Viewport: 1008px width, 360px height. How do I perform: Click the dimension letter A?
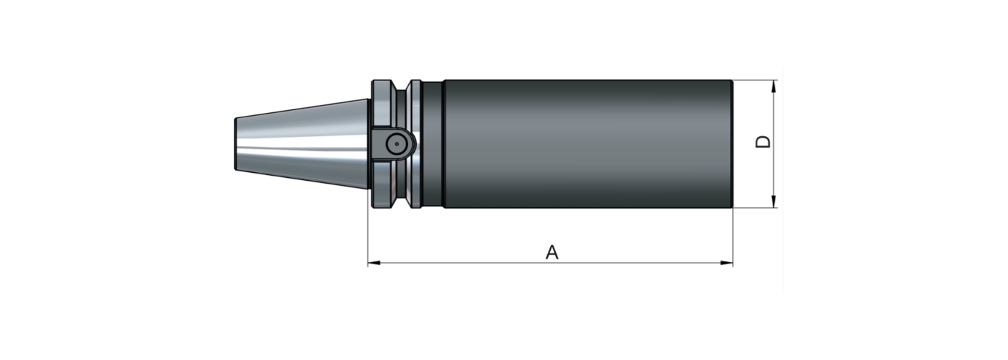coord(552,252)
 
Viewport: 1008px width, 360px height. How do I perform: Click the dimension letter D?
coord(763,141)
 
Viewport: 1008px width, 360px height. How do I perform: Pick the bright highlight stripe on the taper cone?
coord(302,149)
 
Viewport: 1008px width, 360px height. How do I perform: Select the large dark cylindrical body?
coord(587,144)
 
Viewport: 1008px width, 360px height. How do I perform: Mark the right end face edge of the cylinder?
coord(732,144)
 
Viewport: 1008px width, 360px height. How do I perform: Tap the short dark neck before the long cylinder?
coord(433,144)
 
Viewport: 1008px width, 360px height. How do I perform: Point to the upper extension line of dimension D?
coord(756,80)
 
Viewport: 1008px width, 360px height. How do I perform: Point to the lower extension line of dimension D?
coord(756,208)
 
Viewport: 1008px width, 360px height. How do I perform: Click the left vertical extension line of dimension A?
coord(368,238)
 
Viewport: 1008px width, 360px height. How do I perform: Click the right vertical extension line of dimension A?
coord(732,238)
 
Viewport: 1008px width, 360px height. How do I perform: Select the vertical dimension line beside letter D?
coord(773,173)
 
